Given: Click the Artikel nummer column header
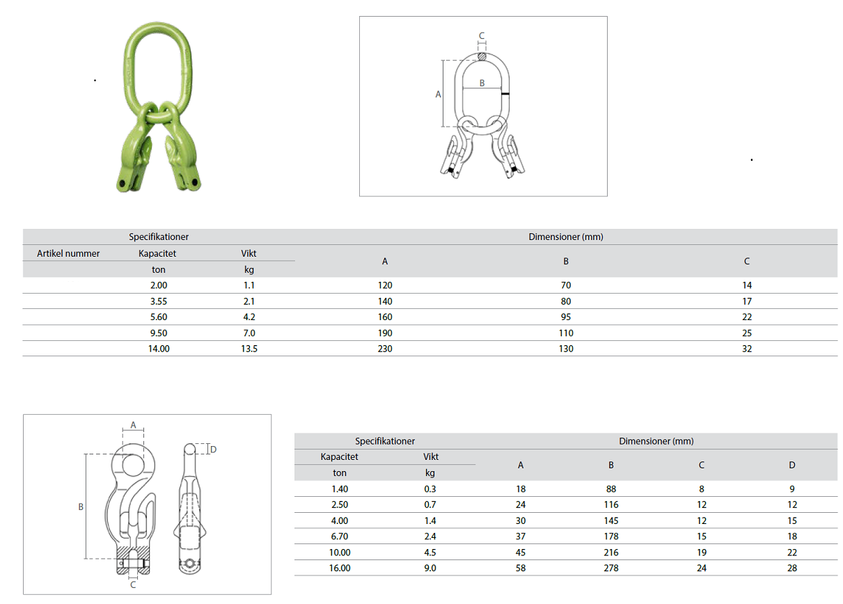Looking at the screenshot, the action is pyautogui.click(x=68, y=253).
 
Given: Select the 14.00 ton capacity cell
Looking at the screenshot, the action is pyautogui.click(x=159, y=349).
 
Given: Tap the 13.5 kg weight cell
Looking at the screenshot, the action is pyautogui.click(x=249, y=349).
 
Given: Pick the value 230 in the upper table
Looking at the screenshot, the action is pyautogui.click(x=385, y=349).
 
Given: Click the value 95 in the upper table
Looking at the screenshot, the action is pyautogui.click(x=566, y=317).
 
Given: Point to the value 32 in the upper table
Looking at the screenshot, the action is pyautogui.click(x=747, y=349).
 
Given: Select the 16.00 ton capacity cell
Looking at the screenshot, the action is pyautogui.click(x=340, y=569).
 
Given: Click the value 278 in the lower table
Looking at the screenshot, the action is pyautogui.click(x=611, y=569).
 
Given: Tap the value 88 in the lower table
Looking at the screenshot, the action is pyautogui.click(x=611, y=489).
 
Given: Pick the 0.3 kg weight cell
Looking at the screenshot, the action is pyautogui.click(x=430, y=489).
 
